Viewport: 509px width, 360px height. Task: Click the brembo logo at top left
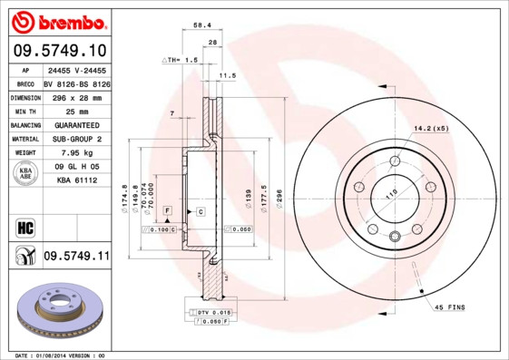(x=61, y=20)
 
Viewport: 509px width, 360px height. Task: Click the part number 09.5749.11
(x=76, y=257)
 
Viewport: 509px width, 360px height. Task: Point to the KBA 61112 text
(x=76, y=181)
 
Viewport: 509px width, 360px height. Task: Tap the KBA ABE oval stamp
(x=25, y=173)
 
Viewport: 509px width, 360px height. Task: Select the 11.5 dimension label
(x=228, y=76)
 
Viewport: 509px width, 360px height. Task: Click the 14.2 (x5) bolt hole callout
(x=431, y=128)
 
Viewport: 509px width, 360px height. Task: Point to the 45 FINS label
(x=449, y=307)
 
